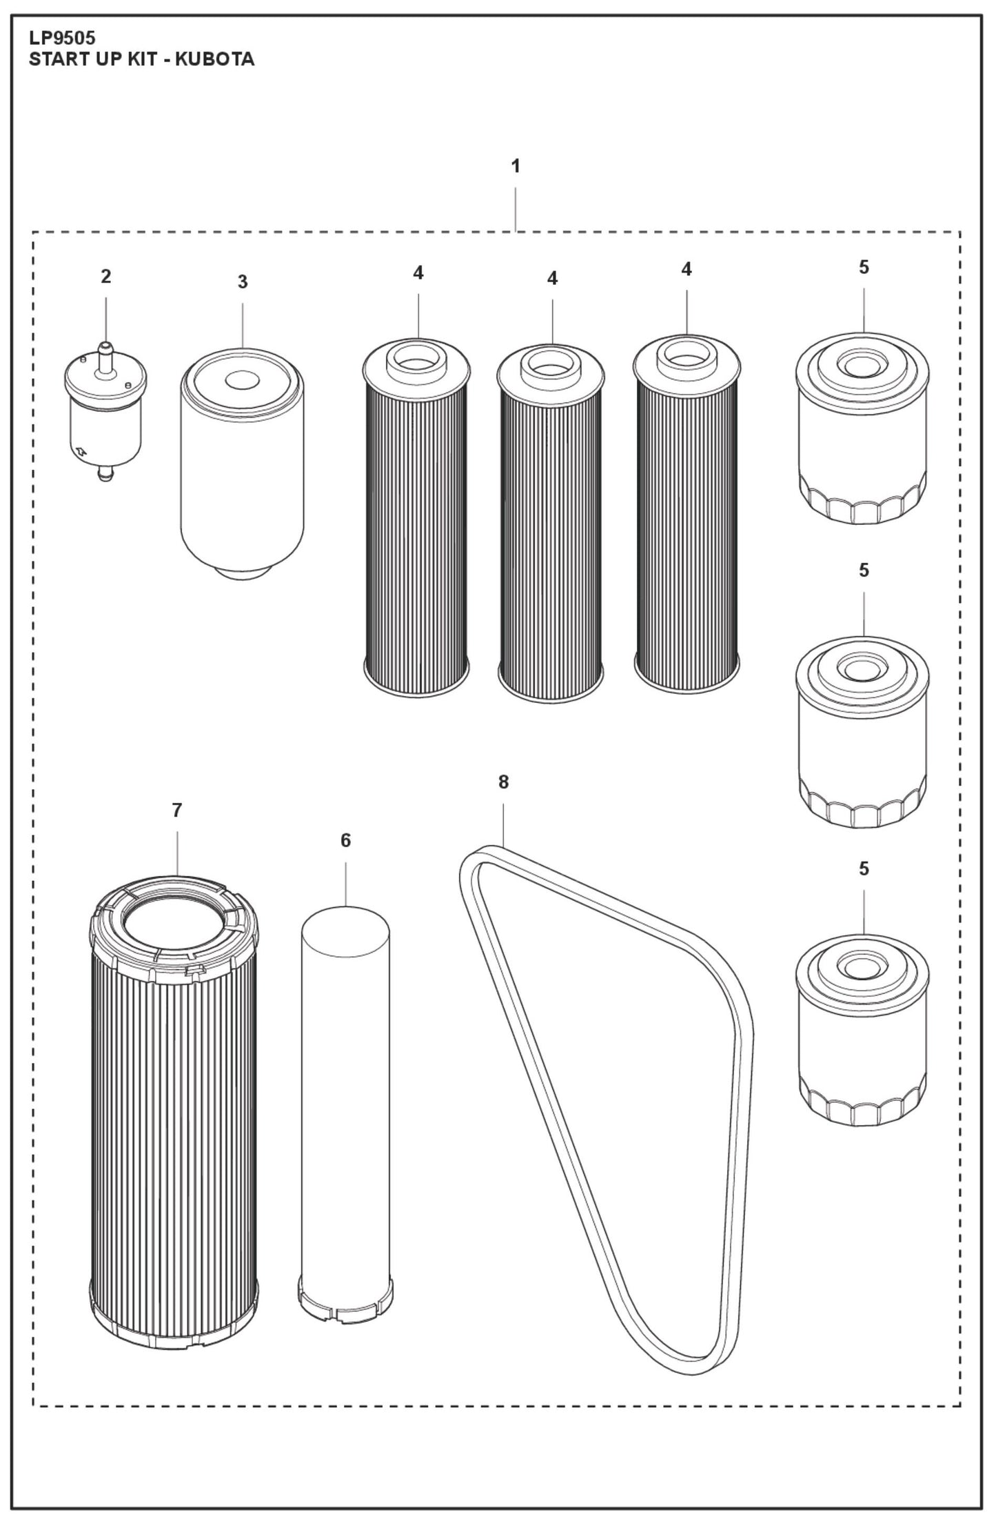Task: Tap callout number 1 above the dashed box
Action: coord(515,166)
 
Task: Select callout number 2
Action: coord(105,277)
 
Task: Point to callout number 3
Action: coord(242,282)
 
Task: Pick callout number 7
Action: coord(177,811)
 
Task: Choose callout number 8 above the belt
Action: coord(503,782)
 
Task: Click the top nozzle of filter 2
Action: coord(105,353)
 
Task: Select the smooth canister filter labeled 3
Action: coord(241,462)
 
